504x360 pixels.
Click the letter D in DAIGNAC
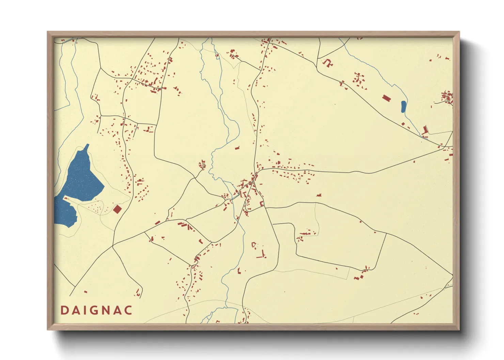click(x=64, y=310)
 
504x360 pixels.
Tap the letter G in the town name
click(x=95, y=310)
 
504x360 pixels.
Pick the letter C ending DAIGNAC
click(x=128, y=310)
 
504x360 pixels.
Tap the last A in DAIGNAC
click(x=117, y=310)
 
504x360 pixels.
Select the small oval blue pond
click(x=403, y=107)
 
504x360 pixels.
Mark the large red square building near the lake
click(x=117, y=209)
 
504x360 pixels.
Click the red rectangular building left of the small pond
click(x=386, y=98)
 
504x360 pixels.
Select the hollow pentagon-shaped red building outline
click(x=253, y=244)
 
